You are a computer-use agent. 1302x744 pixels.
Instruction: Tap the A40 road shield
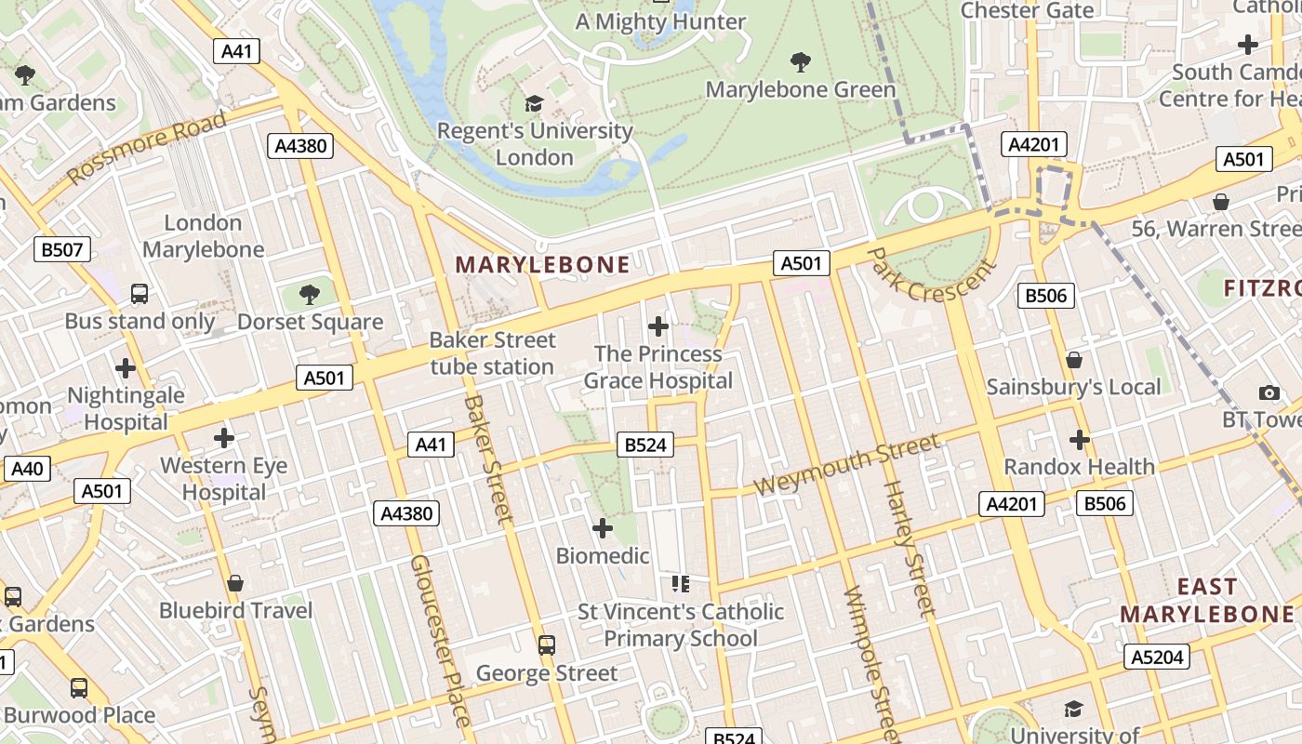click(27, 469)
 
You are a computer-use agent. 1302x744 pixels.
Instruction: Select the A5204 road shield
click(1157, 657)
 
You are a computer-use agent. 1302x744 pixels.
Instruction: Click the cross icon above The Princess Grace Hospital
click(658, 326)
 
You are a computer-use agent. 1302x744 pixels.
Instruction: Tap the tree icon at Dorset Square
click(310, 296)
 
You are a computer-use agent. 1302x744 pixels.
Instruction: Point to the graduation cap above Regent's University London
click(534, 103)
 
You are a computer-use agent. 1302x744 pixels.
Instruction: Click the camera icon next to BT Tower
click(1269, 393)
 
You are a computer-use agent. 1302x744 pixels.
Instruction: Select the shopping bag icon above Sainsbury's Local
click(1074, 360)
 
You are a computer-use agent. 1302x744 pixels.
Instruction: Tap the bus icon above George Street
click(547, 645)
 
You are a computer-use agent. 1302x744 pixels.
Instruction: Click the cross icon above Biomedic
click(603, 529)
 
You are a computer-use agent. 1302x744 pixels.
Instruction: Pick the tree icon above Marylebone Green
click(800, 62)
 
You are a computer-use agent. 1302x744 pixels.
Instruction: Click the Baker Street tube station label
click(492, 353)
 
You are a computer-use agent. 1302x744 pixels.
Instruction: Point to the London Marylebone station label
click(203, 236)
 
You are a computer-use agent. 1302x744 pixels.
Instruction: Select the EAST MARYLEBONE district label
click(1207, 600)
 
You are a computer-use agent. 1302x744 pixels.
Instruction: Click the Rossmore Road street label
click(146, 147)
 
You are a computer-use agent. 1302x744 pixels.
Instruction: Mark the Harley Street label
click(907, 549)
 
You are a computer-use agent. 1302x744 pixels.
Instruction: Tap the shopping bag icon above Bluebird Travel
click(235, 583)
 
